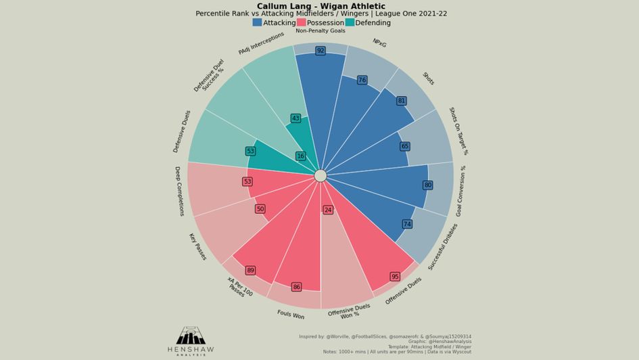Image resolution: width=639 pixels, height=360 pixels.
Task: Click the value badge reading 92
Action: (x=321, y=51)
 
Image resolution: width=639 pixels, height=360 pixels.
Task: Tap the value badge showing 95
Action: (x=395, y=277)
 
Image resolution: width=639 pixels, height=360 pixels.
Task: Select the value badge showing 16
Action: (x=300, y=156)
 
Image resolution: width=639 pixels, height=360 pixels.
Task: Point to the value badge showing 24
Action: (x=328, y=210)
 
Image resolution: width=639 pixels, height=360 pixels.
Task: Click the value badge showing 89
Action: (x=250, y=271)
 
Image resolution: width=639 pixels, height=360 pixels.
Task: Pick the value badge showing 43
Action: (x=295, y=118)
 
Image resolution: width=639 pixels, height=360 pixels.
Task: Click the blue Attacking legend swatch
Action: (x=258, y=22)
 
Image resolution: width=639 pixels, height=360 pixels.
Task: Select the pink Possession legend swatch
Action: (x=301, y=22)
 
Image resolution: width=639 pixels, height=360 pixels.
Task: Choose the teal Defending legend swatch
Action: (x=350, y=22)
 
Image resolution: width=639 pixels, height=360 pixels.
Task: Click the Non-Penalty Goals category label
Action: (x=321, y=31)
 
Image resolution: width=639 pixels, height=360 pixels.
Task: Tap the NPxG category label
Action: (x=379, y=43)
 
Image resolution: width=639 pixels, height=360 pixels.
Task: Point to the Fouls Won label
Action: (x=291, y=315)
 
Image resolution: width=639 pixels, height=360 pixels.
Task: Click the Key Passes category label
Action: (x=197, y=247)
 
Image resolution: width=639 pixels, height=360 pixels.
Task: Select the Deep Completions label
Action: (x=180, y=191)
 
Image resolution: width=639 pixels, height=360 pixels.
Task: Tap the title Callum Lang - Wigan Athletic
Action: (x=321, y=6)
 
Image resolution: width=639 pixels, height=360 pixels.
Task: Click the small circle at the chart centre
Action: (x=321, y=176)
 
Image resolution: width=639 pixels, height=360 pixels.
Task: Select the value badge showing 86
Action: (x=296, y=287)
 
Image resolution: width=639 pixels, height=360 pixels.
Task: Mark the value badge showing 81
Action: (x=402, y=101)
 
